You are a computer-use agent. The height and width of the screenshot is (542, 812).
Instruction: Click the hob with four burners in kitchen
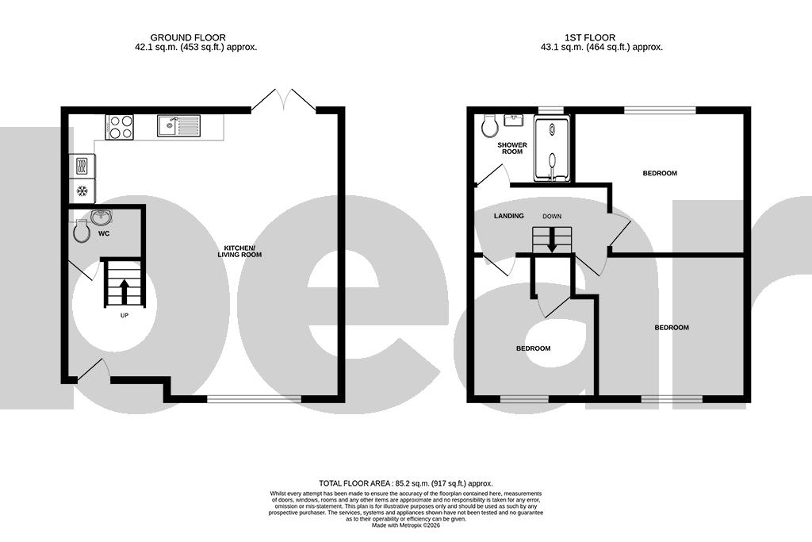[120, 127]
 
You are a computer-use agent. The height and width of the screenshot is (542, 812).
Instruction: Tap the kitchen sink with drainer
[178, 126]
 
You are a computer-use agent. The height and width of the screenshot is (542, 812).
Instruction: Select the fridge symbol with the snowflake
[82, 191]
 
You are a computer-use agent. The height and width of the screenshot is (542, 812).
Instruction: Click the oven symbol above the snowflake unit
[82, 166]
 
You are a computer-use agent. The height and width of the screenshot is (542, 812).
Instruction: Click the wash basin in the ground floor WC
[101, 217]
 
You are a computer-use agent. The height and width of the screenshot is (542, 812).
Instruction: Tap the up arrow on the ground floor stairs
[124, 290]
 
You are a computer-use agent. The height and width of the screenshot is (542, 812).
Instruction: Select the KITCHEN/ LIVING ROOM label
[240, 252]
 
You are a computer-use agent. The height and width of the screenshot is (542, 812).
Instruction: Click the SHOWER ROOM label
[512, 148]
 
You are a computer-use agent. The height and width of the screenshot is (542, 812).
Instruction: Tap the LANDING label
[508, 216]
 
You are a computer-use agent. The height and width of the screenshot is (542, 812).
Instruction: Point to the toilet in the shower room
[489, 125]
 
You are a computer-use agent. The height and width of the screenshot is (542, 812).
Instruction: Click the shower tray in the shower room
[551, 149]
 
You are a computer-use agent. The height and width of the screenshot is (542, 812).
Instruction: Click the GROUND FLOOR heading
[188, 37]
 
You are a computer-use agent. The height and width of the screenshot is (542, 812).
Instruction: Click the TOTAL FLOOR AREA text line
[405, 483]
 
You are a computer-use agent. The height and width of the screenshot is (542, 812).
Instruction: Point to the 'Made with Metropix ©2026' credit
[405, 525]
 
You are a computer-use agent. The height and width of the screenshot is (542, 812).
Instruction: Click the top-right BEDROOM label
[660, 173]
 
